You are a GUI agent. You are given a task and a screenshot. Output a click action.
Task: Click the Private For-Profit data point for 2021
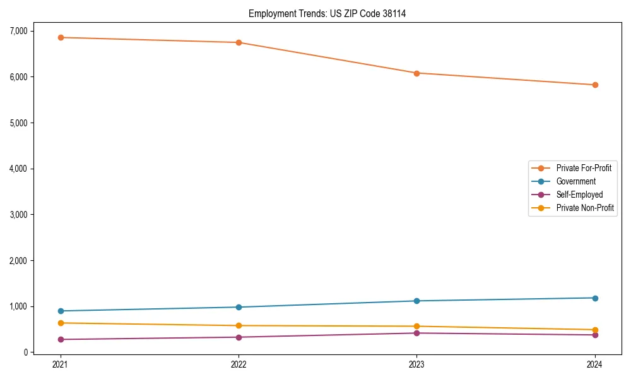(61, 37)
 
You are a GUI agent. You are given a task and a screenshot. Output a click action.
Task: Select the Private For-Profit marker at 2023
(416, 73)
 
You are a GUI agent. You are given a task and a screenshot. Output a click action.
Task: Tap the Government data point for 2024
(595, 298)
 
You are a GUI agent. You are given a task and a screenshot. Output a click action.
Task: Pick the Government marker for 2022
(239, 307)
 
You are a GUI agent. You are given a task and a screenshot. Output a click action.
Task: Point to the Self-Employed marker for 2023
(416, 333)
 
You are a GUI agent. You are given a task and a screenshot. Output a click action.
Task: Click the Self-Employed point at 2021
(61, 339)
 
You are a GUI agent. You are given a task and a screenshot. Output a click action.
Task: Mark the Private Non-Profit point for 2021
(61, 323)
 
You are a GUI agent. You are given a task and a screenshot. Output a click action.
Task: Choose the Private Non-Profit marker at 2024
(595, 330)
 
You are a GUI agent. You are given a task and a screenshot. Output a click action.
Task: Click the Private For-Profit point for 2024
(595, 85)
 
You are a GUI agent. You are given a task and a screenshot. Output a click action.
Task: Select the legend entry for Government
(575, 181)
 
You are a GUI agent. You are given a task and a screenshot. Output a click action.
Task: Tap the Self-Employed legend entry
(579, 195)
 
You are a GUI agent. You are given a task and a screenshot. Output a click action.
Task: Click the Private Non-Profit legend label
(585, 208)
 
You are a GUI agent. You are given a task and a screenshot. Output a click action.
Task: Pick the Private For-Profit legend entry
(584, 168)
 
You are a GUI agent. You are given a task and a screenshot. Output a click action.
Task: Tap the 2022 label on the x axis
(239, 364)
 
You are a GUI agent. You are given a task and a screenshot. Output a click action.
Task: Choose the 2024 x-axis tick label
(595, 364)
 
